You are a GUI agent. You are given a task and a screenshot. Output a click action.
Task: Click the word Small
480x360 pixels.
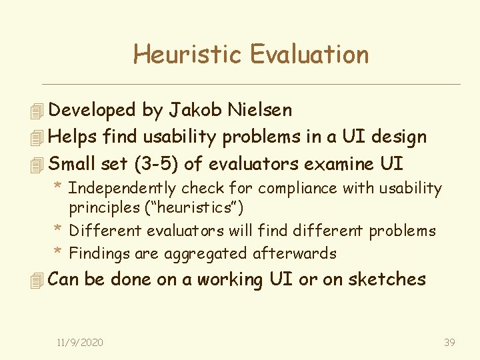tap(71, 164)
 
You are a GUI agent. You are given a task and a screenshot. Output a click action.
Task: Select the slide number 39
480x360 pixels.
tap(449, 342)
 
